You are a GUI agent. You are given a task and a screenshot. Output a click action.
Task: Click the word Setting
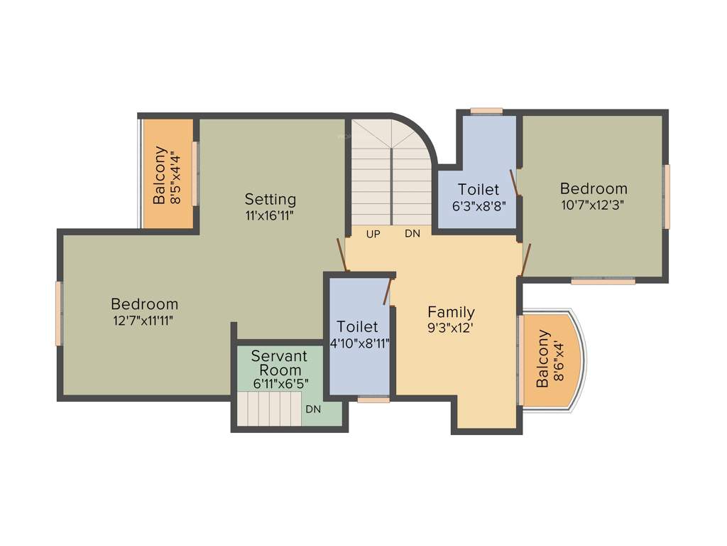pyautogui.click(x=270, y=199)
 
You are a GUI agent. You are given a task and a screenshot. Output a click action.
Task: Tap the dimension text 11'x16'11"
pyautogui.click(x=270, y=214)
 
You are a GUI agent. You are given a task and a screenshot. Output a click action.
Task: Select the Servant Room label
pyautogui.click(x=280, y=363)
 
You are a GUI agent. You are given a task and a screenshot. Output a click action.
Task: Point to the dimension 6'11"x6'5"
pyautogui.click(x=280, y=384)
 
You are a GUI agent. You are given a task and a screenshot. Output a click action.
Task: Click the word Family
pyautogui.click(x=451, y=311)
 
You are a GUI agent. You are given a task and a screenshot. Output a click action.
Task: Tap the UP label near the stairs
pyautogui.click(x=373, y=234)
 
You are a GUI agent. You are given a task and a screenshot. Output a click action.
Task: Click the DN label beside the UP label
pyautogui.click(x=412, y=234)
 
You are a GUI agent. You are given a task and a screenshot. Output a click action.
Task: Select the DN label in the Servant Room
pyautogui.click(x=313, y=409)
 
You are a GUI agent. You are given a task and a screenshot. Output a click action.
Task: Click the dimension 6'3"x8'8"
pyautogui.click(x=479, y=206)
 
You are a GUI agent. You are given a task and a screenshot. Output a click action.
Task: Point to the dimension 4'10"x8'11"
pyautogui.click(x=358, y=343)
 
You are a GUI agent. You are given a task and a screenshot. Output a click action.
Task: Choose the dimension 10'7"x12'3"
pyautogui.click(x=594, y=205)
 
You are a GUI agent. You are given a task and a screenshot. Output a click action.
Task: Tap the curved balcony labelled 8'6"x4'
pyautogui.click(x=551, y=358)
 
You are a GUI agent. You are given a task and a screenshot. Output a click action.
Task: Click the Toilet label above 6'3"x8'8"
pyautogui.click(x=479, y=190)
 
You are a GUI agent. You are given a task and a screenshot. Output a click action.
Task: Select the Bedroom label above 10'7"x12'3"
pyautogui.click(x=594, y=188)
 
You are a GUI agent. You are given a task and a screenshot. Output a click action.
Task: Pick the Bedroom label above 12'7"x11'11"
pyautogui.click(x=144, y=304)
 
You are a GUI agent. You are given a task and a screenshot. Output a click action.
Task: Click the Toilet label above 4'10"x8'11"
pyautogui.click(x=358, y=327)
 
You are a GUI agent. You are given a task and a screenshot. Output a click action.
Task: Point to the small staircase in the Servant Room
pyautogui.click(x=268, y=410)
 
